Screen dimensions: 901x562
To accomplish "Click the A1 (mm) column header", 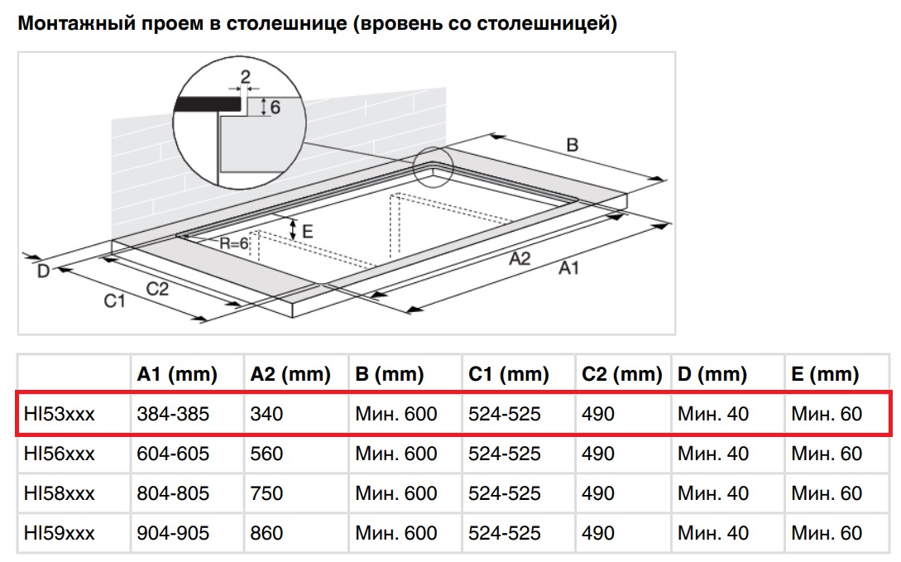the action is click(x=177, y=374).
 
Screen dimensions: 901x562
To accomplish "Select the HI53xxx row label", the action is click(x=60, y=414).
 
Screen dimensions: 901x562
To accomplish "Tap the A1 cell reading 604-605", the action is click(x=173, y=454).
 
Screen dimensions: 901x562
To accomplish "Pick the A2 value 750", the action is click(x=266, y=493).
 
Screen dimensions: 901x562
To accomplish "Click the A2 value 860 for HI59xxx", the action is click(x=266, y=533).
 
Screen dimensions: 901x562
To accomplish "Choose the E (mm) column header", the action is click(x=825, y=374).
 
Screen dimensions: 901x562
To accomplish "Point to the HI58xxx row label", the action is click(x=60, y=493).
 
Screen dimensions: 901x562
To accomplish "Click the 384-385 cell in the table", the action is click(x=173, y=414).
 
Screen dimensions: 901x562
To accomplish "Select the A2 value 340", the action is click(x=266, y=414).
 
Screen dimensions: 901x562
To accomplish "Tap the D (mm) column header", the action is click(x=712, y=374).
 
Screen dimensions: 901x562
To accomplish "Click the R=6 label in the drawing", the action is click(x=234, y=243).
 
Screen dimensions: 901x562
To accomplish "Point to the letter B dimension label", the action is click(x=573, y=145).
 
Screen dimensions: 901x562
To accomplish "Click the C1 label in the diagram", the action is click(x=114, y=300).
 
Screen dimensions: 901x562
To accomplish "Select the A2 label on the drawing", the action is click(x=520, y=258).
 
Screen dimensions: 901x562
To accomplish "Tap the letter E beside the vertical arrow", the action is click(x=308, y=232).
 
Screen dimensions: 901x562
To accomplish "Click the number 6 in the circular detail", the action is click(x=276, y=108).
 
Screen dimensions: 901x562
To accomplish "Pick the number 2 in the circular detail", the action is click(x=246, y=76).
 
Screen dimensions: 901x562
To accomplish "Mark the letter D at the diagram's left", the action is click(x=44, y=271).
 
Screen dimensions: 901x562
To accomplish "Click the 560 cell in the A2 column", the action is click(x=266, y=454).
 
